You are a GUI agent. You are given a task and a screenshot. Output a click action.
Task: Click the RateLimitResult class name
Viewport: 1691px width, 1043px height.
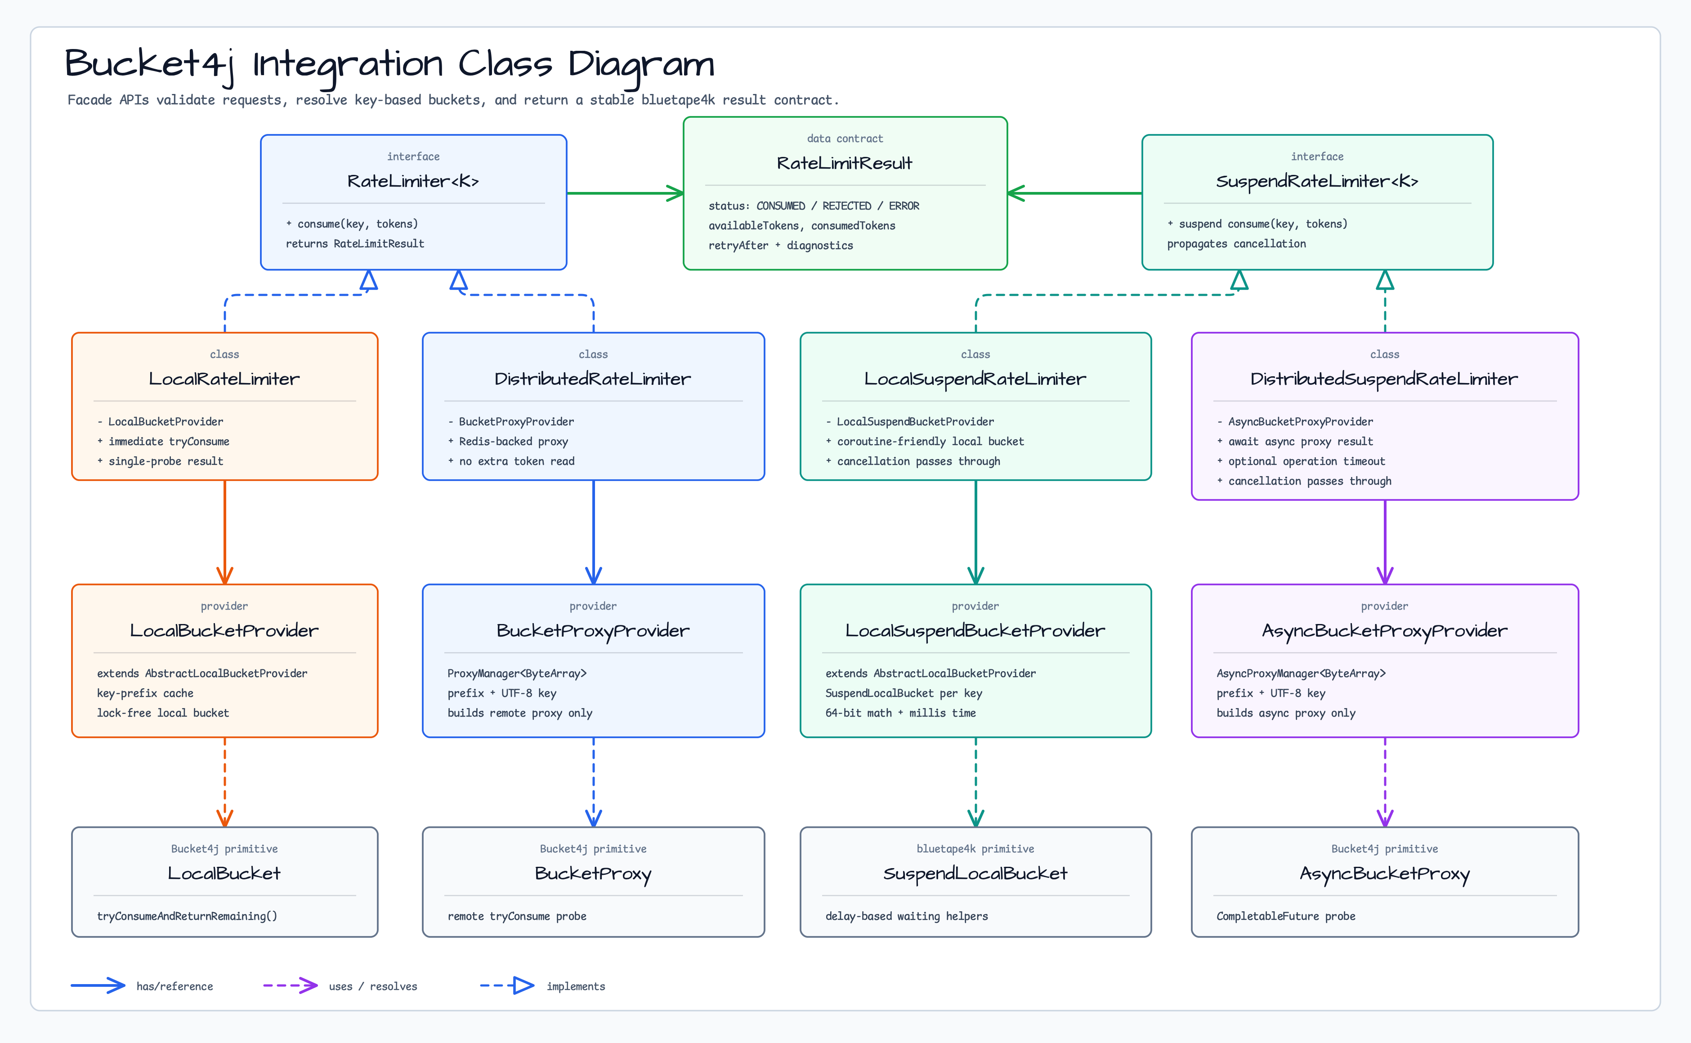click(845, 164)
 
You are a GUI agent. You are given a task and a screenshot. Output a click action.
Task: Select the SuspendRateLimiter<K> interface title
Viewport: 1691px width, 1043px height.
click(1316, 182)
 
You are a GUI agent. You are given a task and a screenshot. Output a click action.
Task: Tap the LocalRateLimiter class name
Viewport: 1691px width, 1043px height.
click(224, 379)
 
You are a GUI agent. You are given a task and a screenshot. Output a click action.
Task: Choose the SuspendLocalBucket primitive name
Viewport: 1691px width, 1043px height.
click(975, 874)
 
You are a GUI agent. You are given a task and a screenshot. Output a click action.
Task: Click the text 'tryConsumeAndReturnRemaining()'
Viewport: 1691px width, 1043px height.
click(187, 916)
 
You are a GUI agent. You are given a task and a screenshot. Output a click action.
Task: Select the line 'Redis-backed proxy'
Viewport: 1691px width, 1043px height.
click(513, 441)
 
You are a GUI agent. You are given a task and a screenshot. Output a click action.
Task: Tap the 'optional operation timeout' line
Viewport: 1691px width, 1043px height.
click(1306, 462)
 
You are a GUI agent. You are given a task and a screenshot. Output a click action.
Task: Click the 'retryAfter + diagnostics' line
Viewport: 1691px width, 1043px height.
click(780, 245)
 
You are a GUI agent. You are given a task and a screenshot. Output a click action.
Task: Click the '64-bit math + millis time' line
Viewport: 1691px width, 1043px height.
click(900, 713)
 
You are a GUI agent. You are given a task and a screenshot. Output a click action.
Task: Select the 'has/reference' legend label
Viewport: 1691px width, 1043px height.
click(174, 986)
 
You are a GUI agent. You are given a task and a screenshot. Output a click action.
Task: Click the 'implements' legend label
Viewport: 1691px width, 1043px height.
click(575, 986)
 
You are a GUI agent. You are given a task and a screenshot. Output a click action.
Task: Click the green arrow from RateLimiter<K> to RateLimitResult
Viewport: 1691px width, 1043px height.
click(625, 193)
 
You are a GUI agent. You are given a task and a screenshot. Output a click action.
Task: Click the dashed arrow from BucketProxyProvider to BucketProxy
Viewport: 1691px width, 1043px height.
click(593, 782)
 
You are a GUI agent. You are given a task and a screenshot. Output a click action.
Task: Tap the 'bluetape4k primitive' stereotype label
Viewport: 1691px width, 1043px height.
click(975, 849)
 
